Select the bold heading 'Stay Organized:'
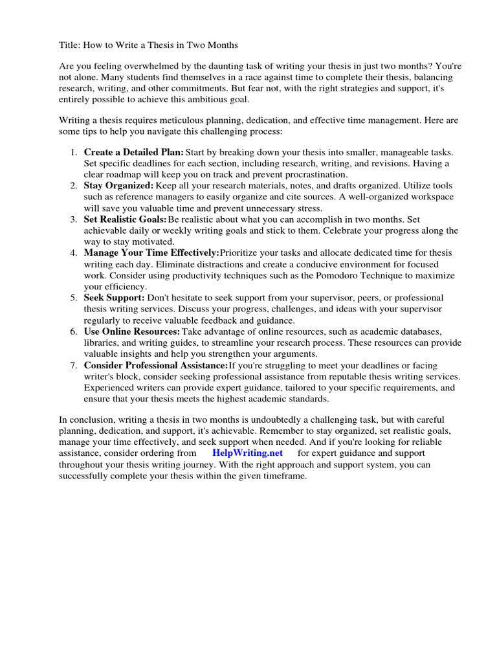118,185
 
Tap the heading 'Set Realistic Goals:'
125,219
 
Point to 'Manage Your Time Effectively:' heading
151,253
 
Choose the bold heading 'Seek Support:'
114,297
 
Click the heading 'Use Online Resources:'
132,331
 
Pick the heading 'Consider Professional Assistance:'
155,365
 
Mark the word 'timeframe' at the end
281,476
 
